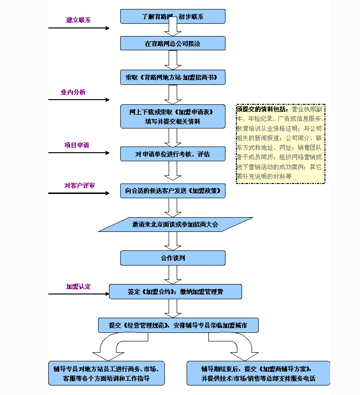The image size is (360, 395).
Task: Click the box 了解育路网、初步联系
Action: click(x=172, y=17)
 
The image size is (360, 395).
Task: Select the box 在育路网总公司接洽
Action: click(x=172, y=44)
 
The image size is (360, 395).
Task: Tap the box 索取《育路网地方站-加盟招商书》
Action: click(x=172, y=77)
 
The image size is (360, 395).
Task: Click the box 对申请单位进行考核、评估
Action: click(x=172, y=154)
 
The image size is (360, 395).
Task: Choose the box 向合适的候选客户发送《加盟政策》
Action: click(x=172, y=191)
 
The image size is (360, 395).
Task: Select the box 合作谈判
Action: click(x=172, y=258)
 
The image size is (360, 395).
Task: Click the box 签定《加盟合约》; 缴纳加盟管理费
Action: click(x=175, y=292)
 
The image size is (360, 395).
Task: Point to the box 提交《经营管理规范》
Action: click(x=178, y=325)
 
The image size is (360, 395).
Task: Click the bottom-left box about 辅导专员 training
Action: click(x=107, y=374)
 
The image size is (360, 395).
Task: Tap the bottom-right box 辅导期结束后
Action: click(x=258, y=374)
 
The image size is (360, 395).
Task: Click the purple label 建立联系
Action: click(x=79, y=20)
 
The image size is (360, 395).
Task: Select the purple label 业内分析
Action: click(x=73, y=92)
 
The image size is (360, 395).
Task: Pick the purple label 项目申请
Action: click(x=77, y=145)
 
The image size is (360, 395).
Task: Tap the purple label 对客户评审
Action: click(x=80, y=185)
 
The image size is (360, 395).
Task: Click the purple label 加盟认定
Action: click(x=79, y=286)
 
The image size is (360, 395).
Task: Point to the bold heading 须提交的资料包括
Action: click(x=262, y=109)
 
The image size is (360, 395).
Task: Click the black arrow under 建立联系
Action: click(x=79, y=28)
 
